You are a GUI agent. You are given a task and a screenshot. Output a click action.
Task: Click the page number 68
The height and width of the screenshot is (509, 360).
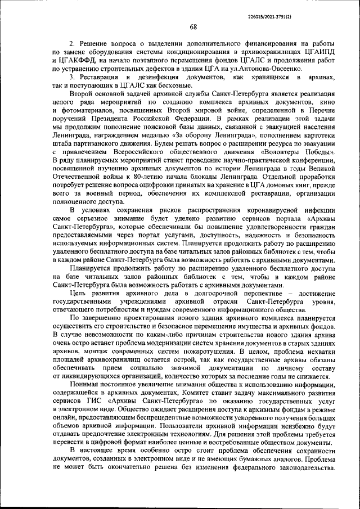(193, 28)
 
